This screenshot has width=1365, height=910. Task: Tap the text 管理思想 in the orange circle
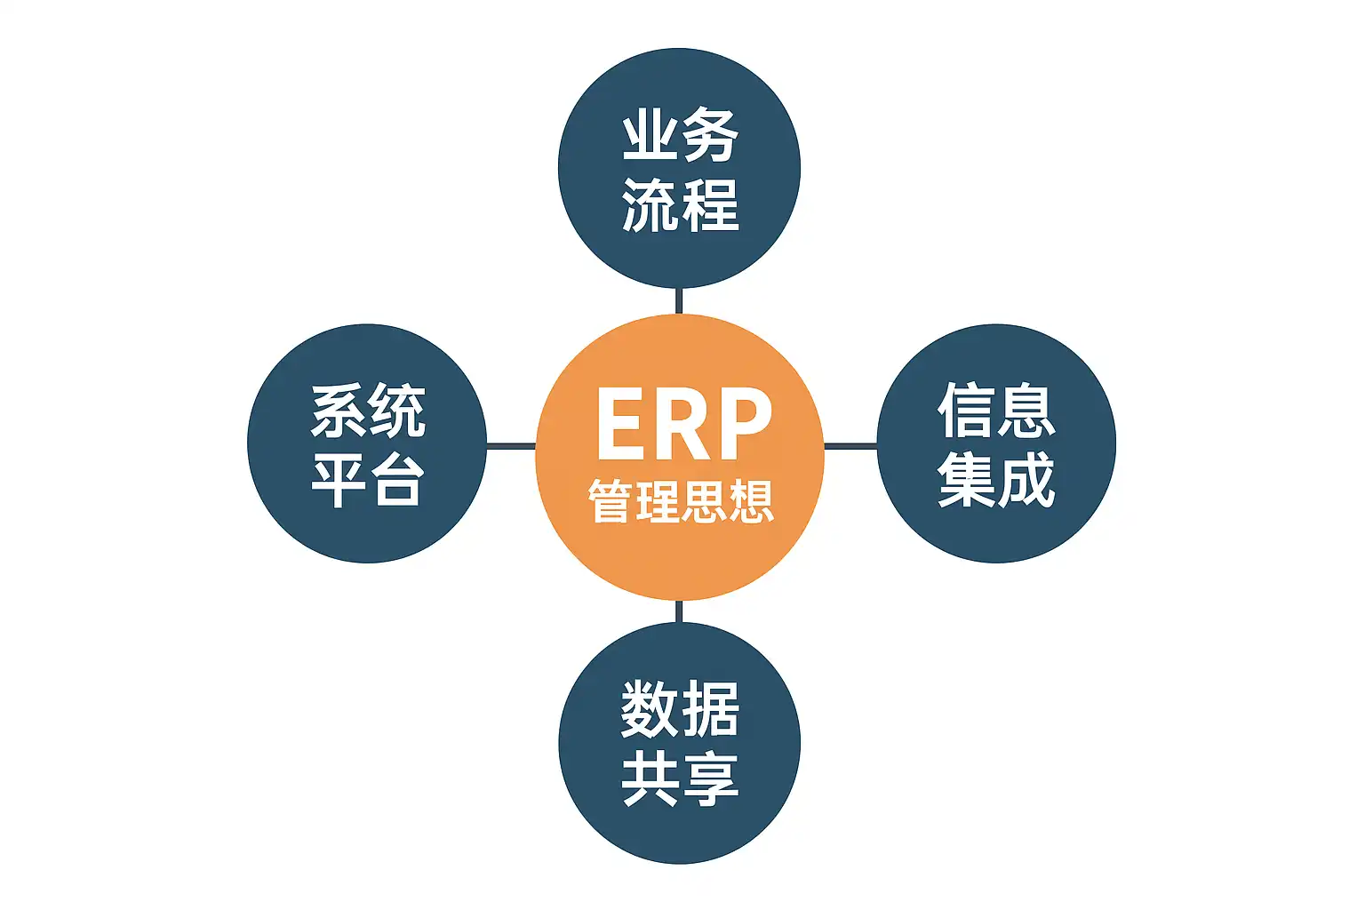pyautogui.click(x=681, y=501)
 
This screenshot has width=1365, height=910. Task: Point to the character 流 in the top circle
pyautogui.click(x=649, y=205)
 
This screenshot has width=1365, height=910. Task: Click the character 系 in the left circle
pyautogui.click(x=339, y=411)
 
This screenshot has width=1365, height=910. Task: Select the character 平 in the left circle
pyautogui.click(x=339, y=480)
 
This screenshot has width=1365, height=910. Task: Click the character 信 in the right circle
pyautogui.click(x=967, y=411)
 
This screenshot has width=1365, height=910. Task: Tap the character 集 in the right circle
pyautogui.click(x=967, y=480)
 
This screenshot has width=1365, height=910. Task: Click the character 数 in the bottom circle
pyautogui.click(x=649, y=709)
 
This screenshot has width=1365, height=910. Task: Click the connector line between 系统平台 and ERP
pyautogui.click(x=511, y=446)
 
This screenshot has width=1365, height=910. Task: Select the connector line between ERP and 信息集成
pyautogui.click(x=850, y=446)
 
